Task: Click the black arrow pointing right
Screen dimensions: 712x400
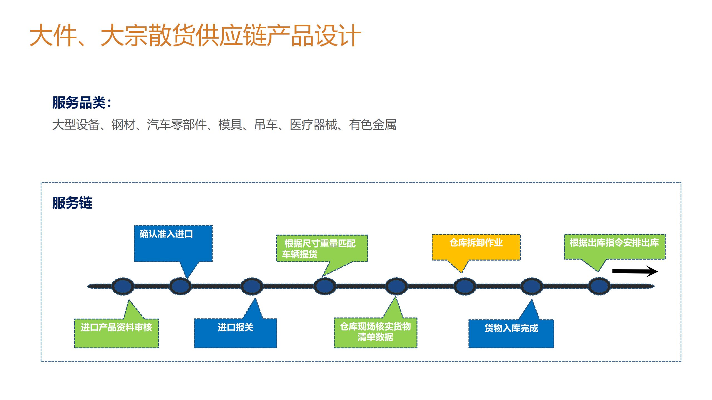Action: coord(635,271)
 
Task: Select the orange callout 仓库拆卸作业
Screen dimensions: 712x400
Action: coord(476,247)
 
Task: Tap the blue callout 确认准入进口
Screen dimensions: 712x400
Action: coord(173,243)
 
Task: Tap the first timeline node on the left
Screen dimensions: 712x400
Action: coord(123,286)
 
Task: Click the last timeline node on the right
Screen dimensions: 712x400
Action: coord(599,286)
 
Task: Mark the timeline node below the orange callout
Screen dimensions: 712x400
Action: coord(465,286)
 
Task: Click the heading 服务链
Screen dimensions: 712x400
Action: coord(72,202)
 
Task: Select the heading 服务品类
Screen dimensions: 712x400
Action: coord(81,102)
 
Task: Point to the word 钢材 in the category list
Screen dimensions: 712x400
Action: coord(123,125)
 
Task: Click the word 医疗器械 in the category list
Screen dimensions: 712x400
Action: coord(313,125)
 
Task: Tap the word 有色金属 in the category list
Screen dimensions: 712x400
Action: coord(373,125)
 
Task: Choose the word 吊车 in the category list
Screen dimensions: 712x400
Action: coord(266,125)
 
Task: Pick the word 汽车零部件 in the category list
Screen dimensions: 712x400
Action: coord(177,125)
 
